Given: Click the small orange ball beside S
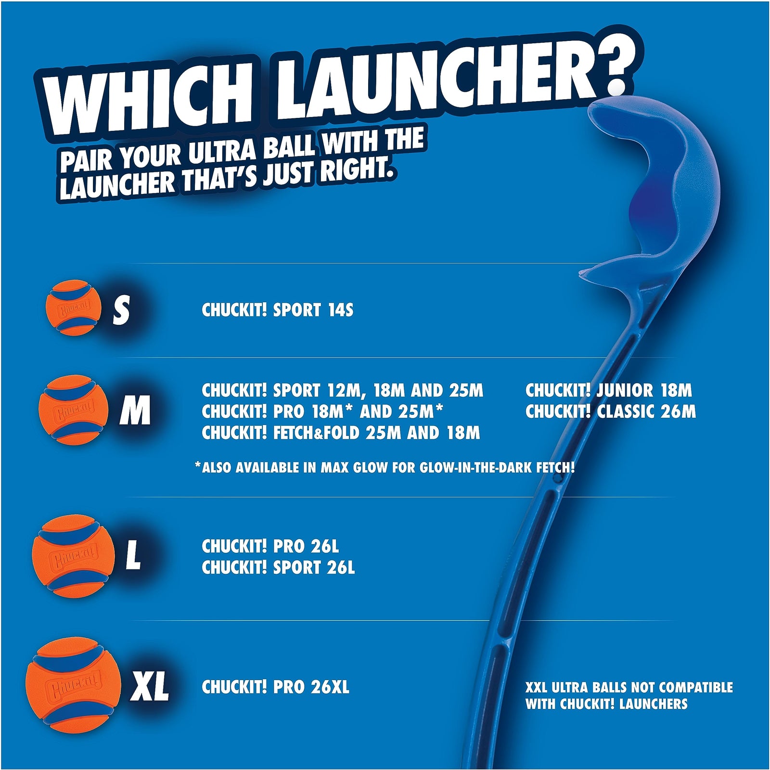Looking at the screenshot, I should click(74, 308).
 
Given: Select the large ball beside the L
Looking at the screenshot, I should click(73, 557).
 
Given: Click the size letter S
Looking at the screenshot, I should click(122, 309).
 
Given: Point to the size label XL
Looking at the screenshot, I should click(150, 687).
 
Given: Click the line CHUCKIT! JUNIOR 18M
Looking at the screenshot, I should click(608, 390).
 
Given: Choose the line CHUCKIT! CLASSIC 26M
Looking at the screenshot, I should click(610, 411).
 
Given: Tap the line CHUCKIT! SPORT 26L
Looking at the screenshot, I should click(278, 568).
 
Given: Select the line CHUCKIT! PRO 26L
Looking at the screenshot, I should click(270, 547).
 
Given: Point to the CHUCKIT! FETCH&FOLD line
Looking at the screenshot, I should click(341, 433).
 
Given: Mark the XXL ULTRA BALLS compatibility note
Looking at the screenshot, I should click(629, 695).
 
